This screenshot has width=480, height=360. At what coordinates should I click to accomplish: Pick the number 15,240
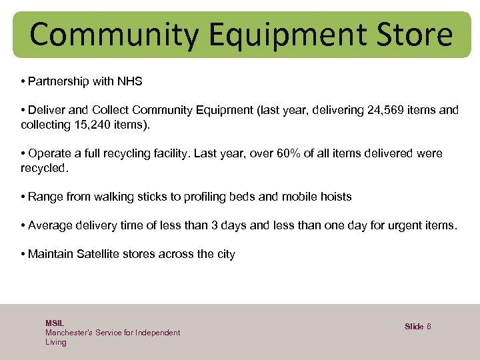tap(96, 125)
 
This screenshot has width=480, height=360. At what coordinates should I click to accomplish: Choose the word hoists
tap(335, 197)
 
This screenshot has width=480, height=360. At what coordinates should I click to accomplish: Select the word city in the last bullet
tap(225, 254)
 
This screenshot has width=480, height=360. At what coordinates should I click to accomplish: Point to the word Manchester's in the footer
tap(68, 332)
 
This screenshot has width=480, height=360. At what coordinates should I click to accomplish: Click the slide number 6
tap(429, 326)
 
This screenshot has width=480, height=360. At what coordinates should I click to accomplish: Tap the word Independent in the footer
tap(157, 332)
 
